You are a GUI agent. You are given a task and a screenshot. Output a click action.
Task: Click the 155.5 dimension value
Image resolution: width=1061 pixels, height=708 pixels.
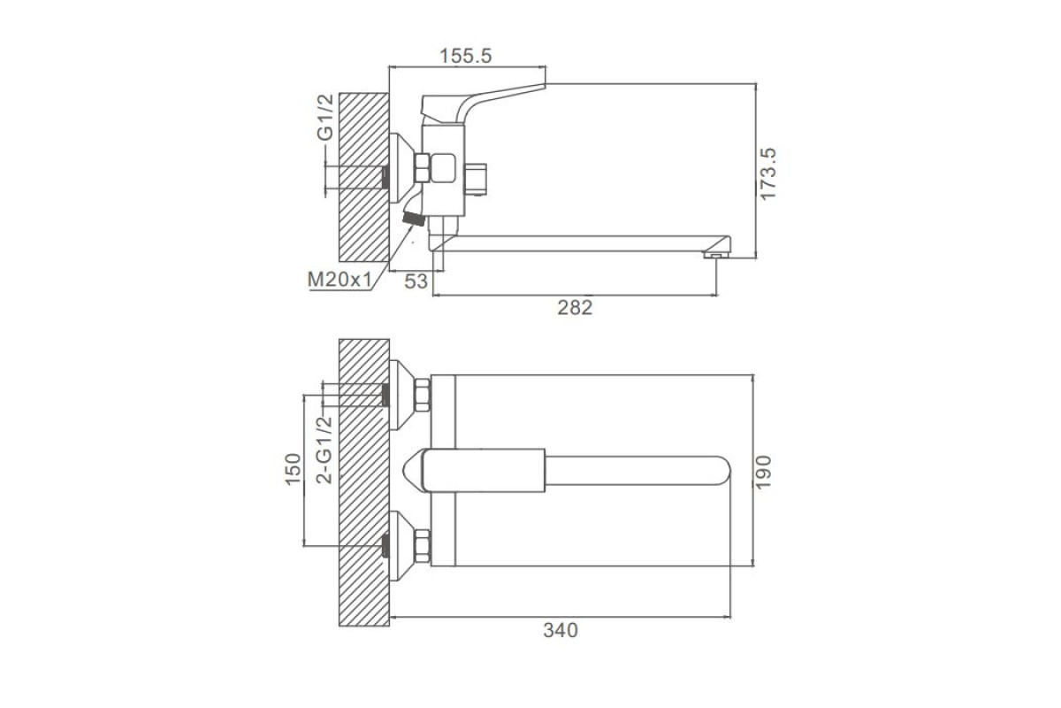point(466,56)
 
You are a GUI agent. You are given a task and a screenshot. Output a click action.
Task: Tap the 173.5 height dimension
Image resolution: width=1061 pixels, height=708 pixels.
point(768,174)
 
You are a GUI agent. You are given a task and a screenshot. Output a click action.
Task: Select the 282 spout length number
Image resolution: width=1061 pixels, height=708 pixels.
point(575,308)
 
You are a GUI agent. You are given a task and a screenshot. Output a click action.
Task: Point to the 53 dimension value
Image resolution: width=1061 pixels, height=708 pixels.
point(416,281)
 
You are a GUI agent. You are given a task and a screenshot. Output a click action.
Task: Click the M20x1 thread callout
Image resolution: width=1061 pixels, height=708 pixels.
point(340,280)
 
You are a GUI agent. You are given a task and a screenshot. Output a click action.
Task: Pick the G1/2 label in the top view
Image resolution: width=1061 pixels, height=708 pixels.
point(325,117)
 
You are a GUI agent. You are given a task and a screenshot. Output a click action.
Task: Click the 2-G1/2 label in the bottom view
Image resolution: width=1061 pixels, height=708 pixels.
point(324,450)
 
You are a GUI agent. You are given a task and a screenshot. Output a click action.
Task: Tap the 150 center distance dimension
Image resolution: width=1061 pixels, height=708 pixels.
point(293,469)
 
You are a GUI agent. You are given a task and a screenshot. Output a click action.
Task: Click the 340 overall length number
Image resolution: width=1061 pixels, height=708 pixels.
point(561,631)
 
